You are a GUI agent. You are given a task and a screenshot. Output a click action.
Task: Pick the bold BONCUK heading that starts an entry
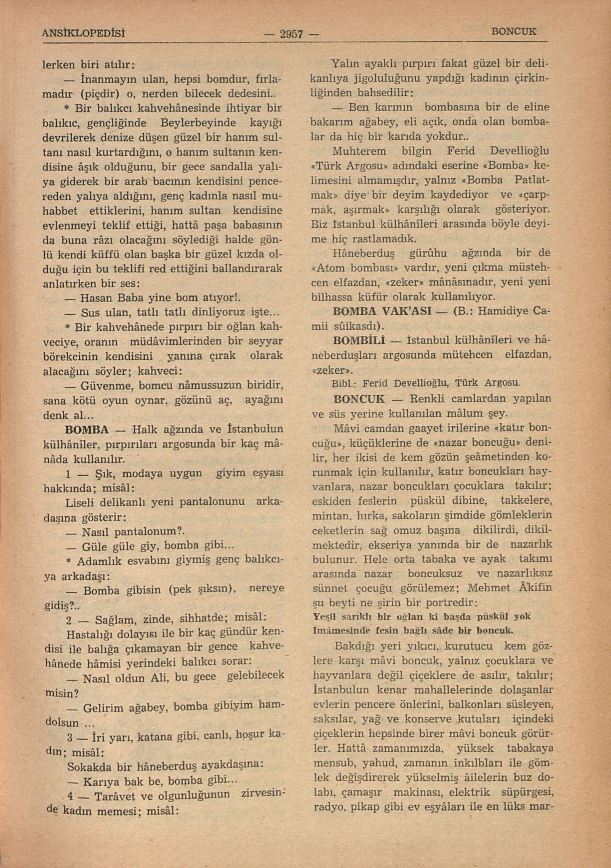point(359,399)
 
